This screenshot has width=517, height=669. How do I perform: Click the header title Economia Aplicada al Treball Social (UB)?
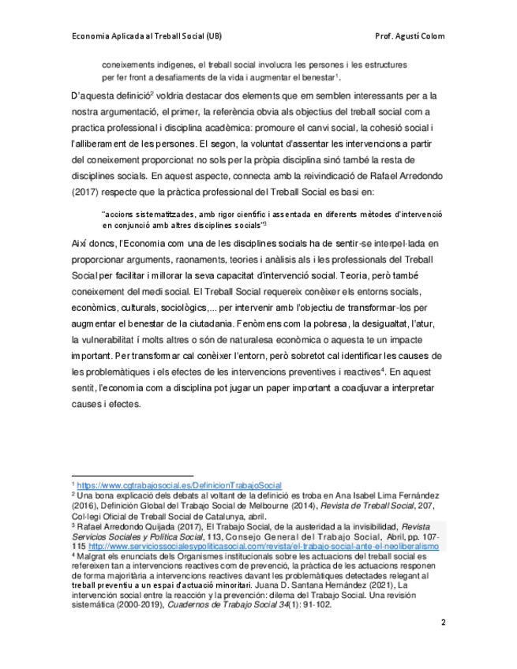(146, 36)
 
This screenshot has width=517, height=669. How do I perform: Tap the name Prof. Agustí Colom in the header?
(411, 36)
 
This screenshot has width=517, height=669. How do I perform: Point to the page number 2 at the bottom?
(443, 622)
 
